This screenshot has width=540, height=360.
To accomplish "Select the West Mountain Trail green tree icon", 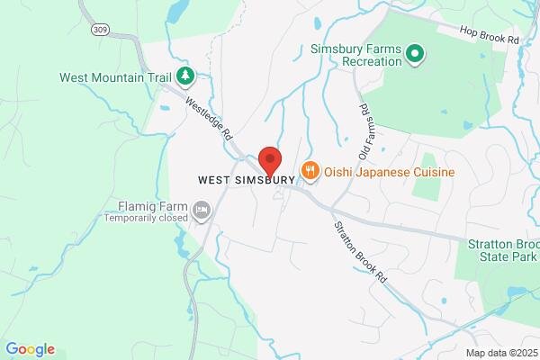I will [x=185, y=76].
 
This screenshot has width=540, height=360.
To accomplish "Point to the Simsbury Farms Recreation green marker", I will [x=415, y=55].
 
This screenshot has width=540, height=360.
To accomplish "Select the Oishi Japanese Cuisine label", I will [x=390, y=172].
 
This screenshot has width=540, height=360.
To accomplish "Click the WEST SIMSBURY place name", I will [x=247, y=180].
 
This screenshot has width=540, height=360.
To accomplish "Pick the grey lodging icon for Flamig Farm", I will [x=202, y=211].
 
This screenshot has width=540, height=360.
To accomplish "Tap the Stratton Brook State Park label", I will [x=503, y=249].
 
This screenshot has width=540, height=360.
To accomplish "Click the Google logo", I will [x=30, y=349].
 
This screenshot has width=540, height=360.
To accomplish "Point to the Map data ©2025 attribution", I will [x=499, y=353].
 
